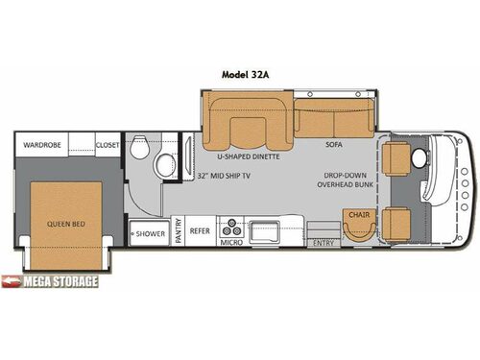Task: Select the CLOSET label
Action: (x=107, y=145)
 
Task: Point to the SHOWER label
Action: (x=151, y=233)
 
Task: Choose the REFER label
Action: (x=199, y=231)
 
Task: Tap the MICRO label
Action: (x=230, y=243)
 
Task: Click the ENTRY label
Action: (x=324, y=243)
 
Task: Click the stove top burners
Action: (x=230, y=229)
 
